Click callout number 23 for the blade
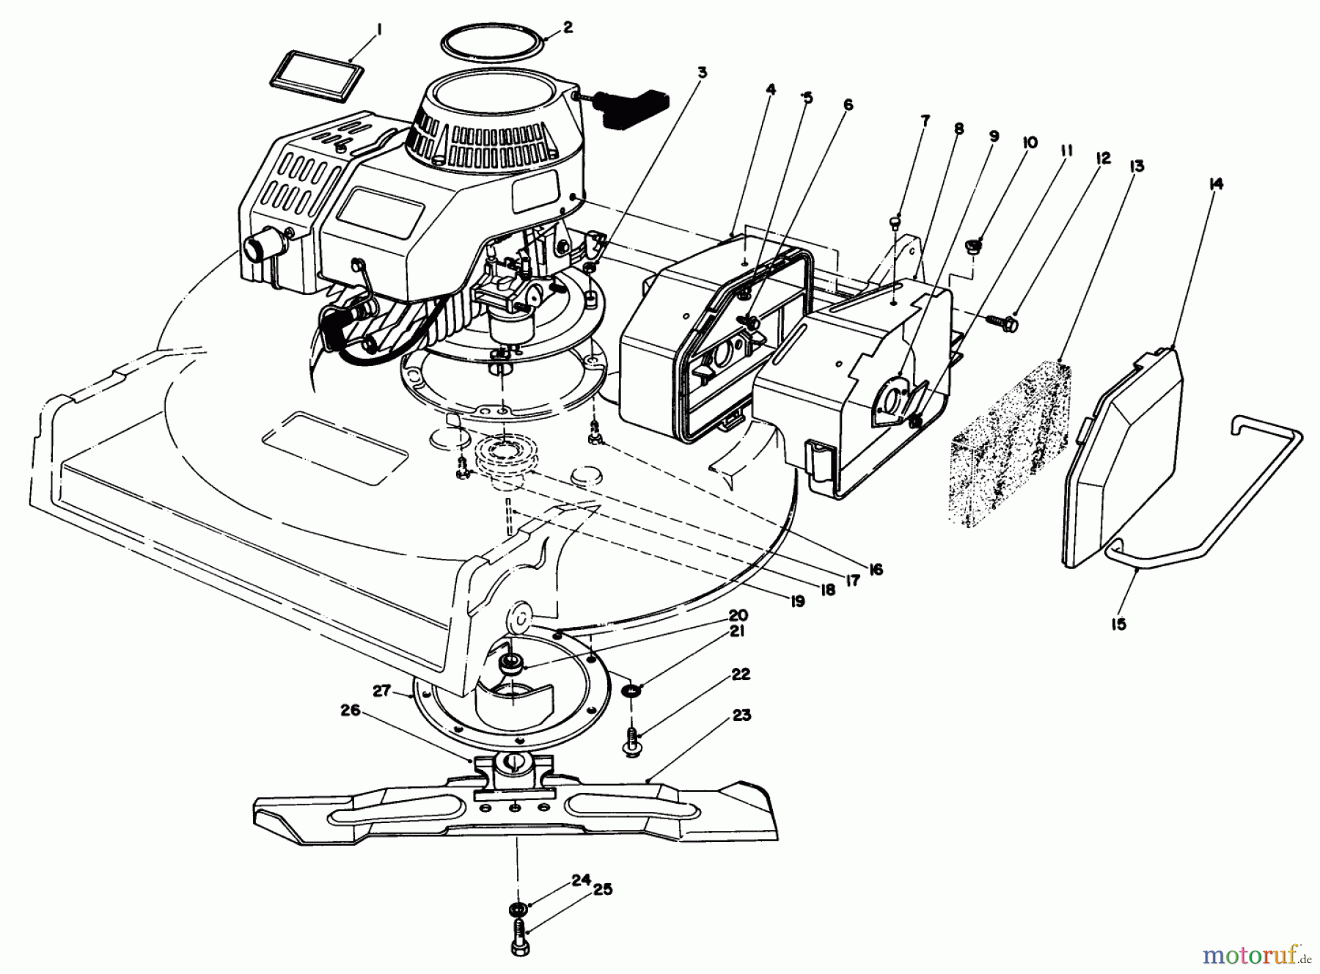(x=741, y=714)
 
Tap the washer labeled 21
(x=630, y=692)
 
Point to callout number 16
(x=875, y=568)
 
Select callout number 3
(x=701, y=72)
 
